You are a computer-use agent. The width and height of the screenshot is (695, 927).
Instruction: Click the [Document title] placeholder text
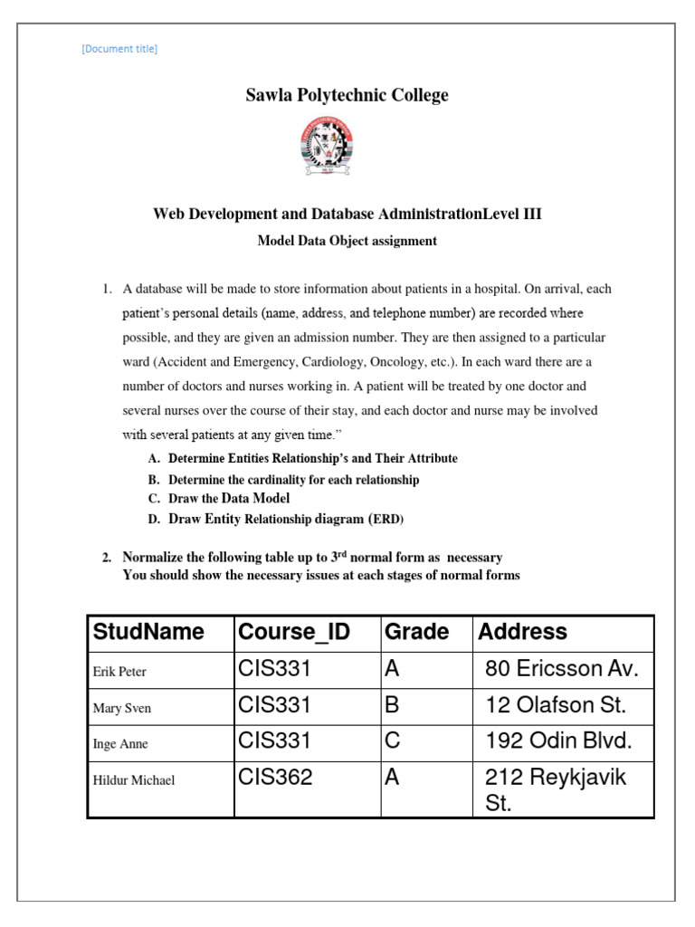pos(119,49)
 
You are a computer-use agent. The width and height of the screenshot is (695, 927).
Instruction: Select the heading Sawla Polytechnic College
pos(347,95)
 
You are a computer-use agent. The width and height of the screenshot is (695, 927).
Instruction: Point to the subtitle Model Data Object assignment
pos(347,241)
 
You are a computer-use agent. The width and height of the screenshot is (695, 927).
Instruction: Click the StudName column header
pos(148,632)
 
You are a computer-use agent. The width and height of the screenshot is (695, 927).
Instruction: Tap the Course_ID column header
pos(293,632)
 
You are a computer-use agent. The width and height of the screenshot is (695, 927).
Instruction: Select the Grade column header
pos(416,632)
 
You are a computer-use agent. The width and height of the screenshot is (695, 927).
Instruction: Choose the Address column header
pos(522,632)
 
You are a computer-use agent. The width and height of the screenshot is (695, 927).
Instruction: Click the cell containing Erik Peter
pos(119,672)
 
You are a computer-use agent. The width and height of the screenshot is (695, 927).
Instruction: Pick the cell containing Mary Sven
pos(121,708)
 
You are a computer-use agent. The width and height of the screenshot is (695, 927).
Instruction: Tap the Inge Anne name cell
pos(120,744)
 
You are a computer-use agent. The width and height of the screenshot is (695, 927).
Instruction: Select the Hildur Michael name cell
pos(134,780)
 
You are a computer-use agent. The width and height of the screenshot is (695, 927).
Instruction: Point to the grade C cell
pos(392,741)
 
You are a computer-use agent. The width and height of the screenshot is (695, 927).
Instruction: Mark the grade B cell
pos(392,705)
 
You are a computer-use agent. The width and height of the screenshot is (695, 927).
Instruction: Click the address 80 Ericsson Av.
pos(562,670)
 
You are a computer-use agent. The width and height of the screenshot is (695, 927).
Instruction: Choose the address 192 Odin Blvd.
pos(558,741)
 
